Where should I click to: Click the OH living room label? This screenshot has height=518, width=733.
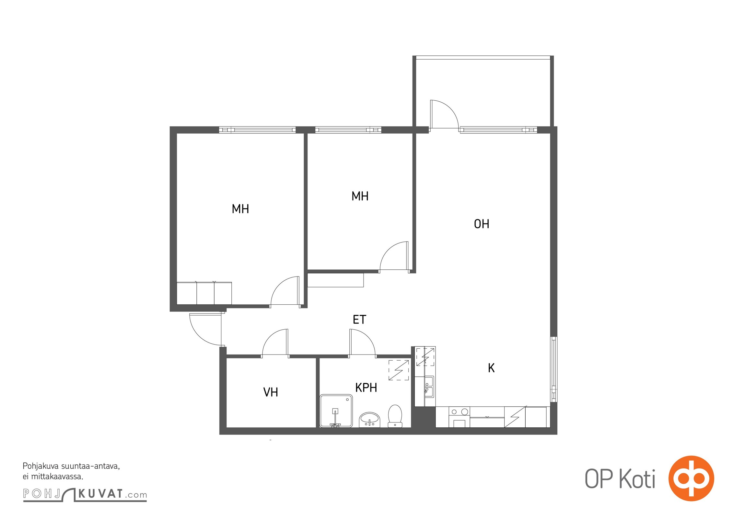click(x=482, y=224)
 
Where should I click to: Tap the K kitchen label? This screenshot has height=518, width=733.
click(x=491, y=368)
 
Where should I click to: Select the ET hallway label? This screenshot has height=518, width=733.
click(x=359, y=320)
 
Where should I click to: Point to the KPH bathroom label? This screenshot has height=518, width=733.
click(x=366, y=388)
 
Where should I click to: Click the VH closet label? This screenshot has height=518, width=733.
click(x=271, y=392)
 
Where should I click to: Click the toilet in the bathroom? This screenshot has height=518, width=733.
click(x=395, y=416)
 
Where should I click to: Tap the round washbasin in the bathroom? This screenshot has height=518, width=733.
click(x=369, y=420)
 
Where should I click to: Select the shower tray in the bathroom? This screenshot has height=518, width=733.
click(x=336, y=411)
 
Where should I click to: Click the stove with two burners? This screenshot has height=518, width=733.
click(x=459, y=417)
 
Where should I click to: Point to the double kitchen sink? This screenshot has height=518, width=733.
click(x=429, y=387)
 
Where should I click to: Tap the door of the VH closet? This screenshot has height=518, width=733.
click(x=275, y=343)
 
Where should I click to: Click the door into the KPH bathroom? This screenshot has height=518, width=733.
click(x=362, y=343)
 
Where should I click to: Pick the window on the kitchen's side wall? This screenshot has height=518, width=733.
click(x=554, y=369)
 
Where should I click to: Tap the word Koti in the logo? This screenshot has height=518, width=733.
click(x=637, y=479)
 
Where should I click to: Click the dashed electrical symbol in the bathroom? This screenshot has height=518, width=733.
click(x=399, y=370)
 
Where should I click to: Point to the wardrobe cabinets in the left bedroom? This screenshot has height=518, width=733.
click(x=204, y=293)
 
